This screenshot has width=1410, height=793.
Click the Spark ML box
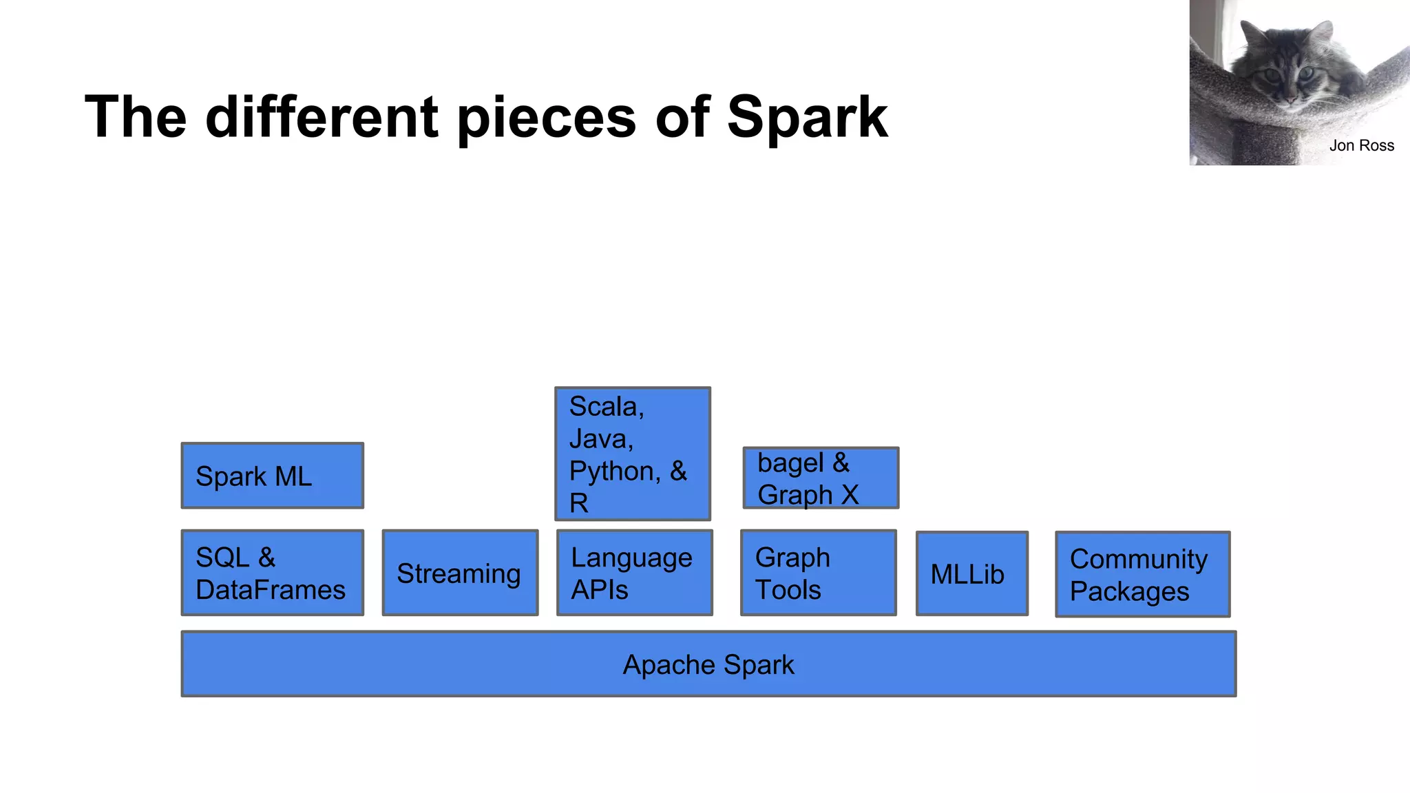tap(272, 476)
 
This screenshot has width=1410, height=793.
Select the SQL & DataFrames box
tap(272, 573)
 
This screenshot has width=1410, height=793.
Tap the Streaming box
tap(460, 573)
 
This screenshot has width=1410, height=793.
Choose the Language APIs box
tap(634, 573)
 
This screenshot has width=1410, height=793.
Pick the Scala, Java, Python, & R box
tap(633, 454)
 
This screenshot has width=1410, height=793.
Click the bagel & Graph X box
tap(821, 478)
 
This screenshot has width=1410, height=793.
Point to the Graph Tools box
tap(819, 573)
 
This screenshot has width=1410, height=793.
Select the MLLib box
tap(971, 573)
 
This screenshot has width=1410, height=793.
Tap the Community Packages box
tap(1142, 574)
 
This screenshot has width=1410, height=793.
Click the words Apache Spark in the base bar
tap(708, 665)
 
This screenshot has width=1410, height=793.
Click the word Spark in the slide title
tap(807, 117)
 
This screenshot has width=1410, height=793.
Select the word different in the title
tap(322, 117)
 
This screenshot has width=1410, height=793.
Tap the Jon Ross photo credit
tap(1361, 146)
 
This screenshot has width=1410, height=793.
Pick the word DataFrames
tap(271, 590)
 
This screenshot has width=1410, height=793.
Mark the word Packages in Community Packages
tap(1129, 591)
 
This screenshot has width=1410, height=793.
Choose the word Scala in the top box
tap(606, 407)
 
